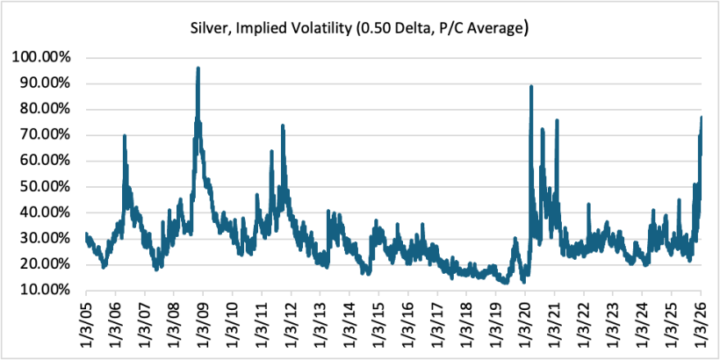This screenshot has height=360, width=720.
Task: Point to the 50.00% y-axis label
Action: (46, 186)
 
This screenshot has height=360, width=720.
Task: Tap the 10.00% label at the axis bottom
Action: (46, 290)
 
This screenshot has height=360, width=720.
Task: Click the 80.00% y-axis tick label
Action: (46, 109)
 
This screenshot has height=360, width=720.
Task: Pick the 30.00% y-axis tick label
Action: (46, 238)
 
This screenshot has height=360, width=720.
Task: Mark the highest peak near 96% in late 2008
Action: (198, 68)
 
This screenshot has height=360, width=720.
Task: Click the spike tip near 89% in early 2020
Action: (531, 86)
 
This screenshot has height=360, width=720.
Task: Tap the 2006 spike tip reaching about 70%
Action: (125, 135)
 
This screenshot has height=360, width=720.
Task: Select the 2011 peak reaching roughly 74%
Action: (283, 126)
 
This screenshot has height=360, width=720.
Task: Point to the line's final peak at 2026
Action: (701, 118)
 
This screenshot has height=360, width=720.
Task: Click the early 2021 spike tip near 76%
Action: (557, 120)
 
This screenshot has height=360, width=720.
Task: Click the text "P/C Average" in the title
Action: (482, 27)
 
